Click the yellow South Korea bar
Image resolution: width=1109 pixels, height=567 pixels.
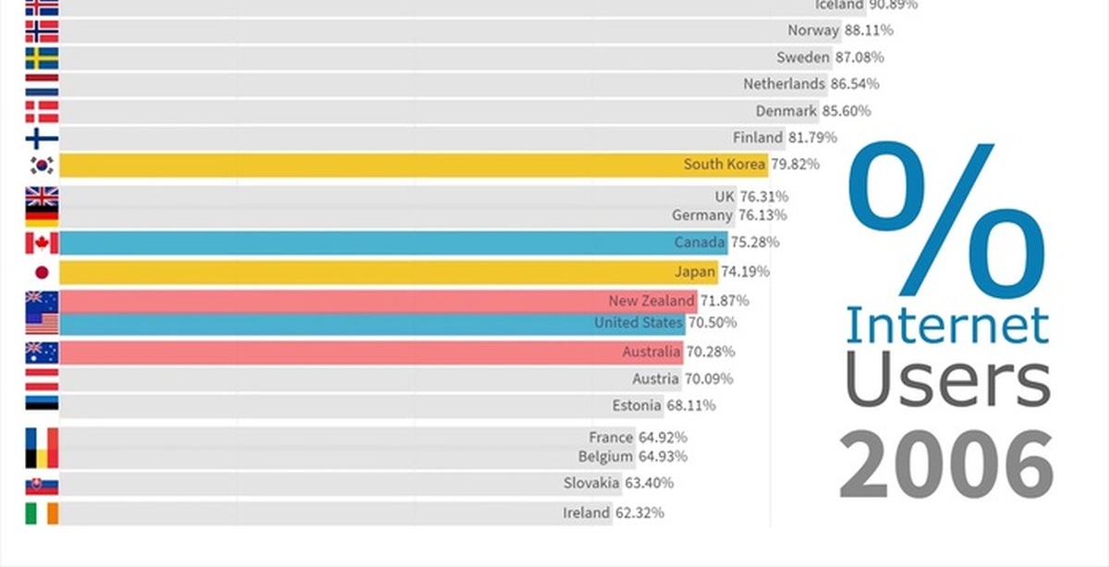point(370,166)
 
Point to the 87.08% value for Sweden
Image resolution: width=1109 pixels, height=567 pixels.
point(859,57)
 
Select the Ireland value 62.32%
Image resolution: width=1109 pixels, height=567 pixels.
point(639,512)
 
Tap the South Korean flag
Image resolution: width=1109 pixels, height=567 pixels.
point(42,166)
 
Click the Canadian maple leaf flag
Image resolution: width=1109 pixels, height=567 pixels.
point(42,243)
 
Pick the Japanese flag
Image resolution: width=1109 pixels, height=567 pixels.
point(42,272)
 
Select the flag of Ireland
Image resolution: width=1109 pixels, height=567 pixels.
point(42,512)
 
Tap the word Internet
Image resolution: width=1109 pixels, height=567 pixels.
point(947,326)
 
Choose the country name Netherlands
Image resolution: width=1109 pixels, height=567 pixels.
point(784,84)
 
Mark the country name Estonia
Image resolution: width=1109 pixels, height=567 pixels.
point(637,405)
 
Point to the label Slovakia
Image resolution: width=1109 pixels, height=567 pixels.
point(591,483)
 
